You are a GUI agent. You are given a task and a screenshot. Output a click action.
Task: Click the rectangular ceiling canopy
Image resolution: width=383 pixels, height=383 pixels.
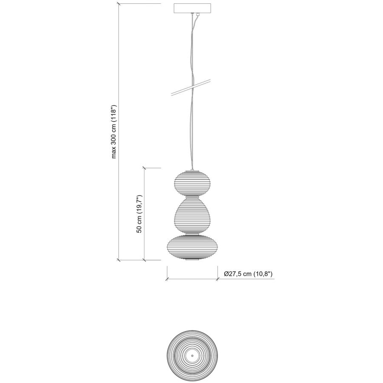point(192,8)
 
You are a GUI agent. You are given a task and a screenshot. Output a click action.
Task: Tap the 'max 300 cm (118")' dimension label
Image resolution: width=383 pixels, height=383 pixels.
point(114,131)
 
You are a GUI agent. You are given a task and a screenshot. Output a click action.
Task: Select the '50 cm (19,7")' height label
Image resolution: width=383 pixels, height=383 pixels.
point(139,214)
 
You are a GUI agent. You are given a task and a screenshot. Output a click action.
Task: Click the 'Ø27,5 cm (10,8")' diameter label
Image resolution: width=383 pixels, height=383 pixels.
point(248,274)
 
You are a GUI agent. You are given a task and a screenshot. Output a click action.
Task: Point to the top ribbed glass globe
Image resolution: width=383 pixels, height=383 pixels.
point(192,183)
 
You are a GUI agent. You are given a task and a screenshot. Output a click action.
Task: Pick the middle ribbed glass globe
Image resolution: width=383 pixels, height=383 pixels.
point(192,215)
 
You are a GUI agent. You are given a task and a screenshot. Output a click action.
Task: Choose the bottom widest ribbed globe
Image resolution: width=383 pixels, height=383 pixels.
point(192,247)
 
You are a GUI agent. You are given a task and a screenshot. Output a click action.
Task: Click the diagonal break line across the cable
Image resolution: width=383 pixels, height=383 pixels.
point(191,87)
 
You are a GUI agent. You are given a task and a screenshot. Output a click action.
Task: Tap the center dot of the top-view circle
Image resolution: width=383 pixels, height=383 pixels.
point(192,355)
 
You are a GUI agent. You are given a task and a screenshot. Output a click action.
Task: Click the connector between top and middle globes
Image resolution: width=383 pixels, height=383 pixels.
point(192,197)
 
